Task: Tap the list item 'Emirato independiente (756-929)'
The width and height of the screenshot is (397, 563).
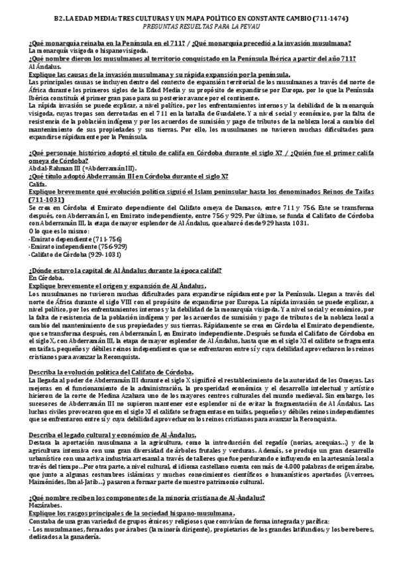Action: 69,246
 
